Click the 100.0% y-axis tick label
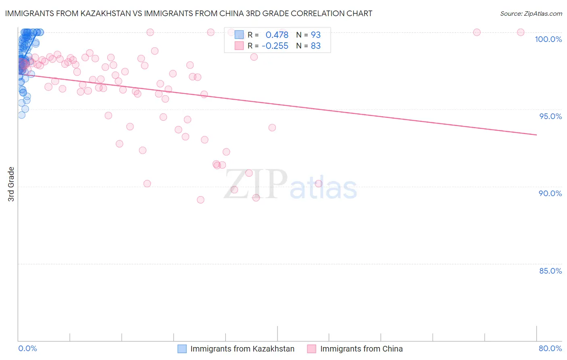click(x=548, y=39)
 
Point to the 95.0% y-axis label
click(x=550, y=116)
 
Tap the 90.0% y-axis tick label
click(x=550, y=193)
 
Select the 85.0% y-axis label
click(x=550, y=271)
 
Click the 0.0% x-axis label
click(x=27, y=348)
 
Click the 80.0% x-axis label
click(x=550, y=348)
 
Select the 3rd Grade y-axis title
click(x=11, y=184)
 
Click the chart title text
click(x=189, y=13)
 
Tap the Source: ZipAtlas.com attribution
click(x=531, y=13)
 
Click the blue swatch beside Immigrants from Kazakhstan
click(x=182, y=349)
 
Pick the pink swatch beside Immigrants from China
click(x=312, y=349)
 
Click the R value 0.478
click(x=277, y=35)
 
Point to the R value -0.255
click(x=275, y=46)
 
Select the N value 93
click(x=315, y=35)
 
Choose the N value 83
click(x=315, y=46)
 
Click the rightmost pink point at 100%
click(x=521, y=32)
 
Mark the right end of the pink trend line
click(x=536, y=135)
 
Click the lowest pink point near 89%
click(x=200, y=200)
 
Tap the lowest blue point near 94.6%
click(x=22, y=115)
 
